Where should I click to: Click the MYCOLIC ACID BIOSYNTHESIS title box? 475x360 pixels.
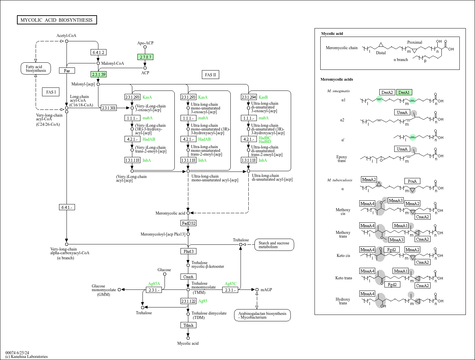point(57,20)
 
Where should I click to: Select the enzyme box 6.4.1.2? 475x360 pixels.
point(99,52)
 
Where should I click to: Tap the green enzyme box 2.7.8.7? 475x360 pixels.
point(145,57)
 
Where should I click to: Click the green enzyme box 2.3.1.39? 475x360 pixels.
point(98,74)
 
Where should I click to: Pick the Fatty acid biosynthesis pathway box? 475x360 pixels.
point(36,68)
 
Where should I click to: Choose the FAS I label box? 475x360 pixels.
point(51,92)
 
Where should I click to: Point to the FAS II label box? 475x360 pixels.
point(210,75)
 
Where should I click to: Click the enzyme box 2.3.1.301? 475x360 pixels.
point(109,108)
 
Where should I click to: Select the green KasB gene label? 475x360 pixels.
point(263,97)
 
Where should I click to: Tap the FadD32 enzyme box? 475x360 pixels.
point(188,223)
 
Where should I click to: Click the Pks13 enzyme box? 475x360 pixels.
point(188,251)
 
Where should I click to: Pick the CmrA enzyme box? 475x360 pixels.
point(188,277)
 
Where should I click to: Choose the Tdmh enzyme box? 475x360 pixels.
point(188,325)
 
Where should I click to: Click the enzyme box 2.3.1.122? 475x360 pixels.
point(188,301)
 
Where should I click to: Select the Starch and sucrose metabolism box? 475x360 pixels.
point(274,245)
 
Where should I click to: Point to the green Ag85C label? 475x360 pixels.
point(231,284)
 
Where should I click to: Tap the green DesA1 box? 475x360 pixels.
point(404,92)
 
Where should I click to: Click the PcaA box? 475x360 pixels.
point(412,181)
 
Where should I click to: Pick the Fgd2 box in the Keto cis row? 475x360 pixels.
point(392,249)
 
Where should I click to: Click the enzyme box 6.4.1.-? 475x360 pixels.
point(66,207)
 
